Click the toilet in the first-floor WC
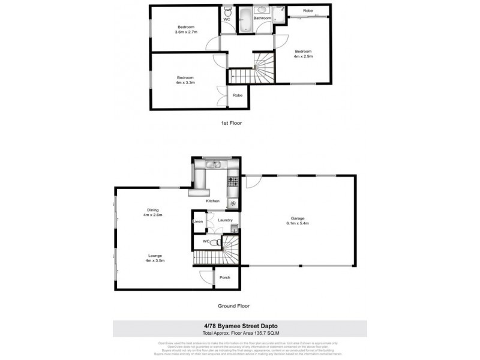227,12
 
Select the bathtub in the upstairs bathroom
245,20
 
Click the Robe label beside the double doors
238,95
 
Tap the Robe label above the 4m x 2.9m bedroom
307,11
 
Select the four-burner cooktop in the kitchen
233,181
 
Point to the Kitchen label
213,200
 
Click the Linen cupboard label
197,221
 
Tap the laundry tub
234,228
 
